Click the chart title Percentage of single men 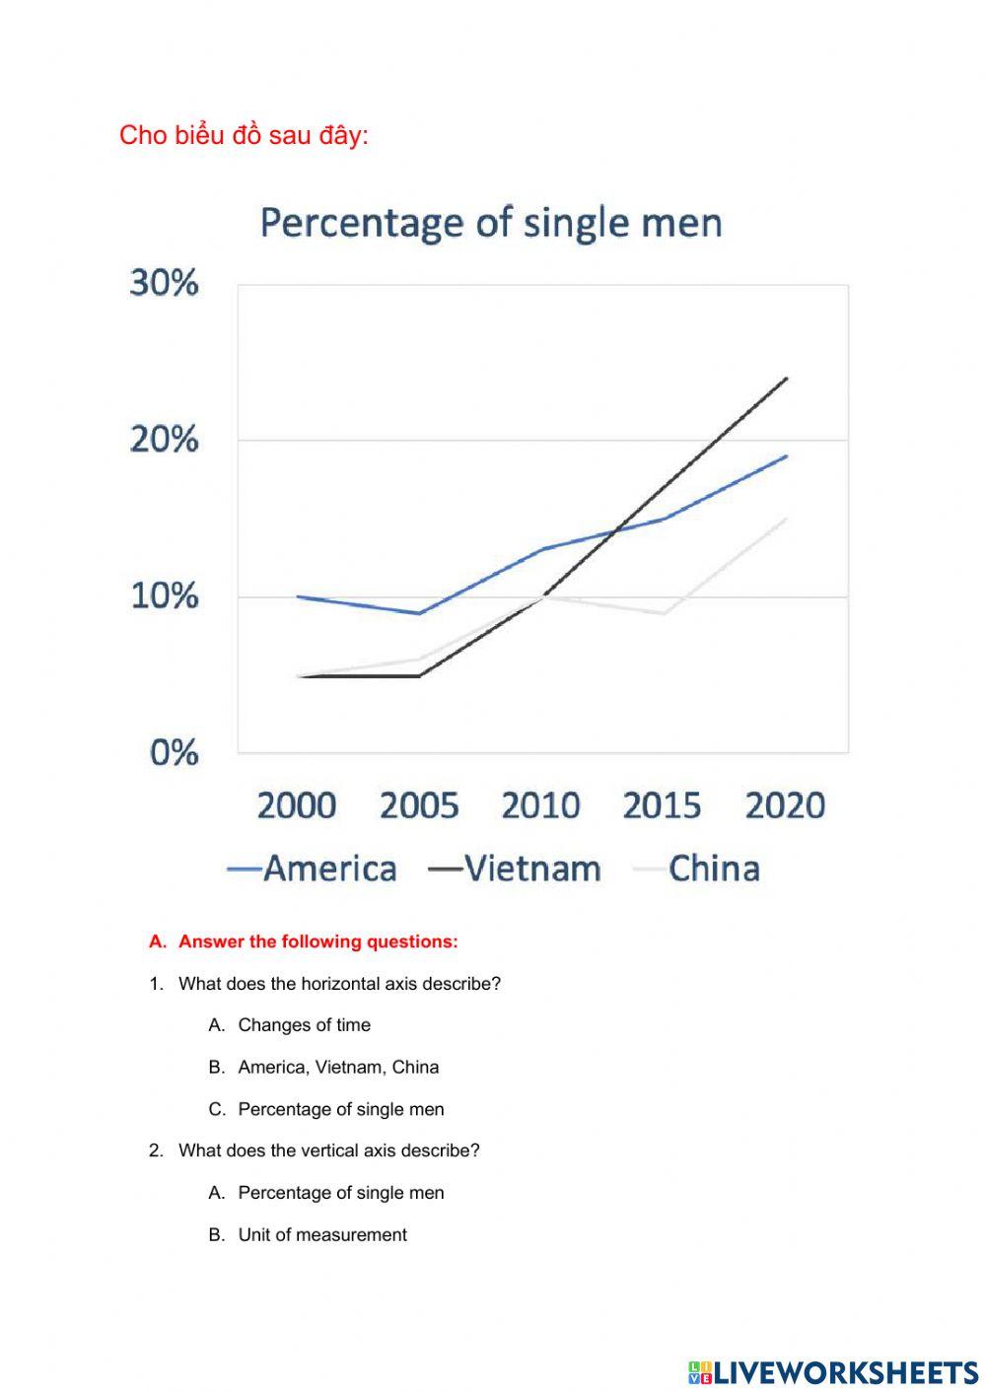(x=491, y=223)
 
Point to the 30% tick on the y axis (x=164, y=283)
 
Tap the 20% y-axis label (x=164, y=440)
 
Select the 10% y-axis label (x=164, y=595)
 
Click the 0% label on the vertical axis (x=174, y=753)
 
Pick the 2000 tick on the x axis (x=297, y=805)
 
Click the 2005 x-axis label (x=419, y=805)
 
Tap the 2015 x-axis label (x=663, y=805)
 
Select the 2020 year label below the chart (x=785, y=805)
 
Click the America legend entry (x=314, y=869)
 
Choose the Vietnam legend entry (x=516, y=869)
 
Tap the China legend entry (x=700, y=869)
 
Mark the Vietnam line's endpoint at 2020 (x=786, y=379)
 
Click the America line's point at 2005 (x=419, y=613)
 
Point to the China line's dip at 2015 (x=664, y=613)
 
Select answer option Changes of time (x=304, y=1025)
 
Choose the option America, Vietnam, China (x=338, y=1067)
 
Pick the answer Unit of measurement (x=322, y=1234)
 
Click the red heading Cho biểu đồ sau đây (x=244, y=135)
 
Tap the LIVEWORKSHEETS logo (x=833, y=1371)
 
